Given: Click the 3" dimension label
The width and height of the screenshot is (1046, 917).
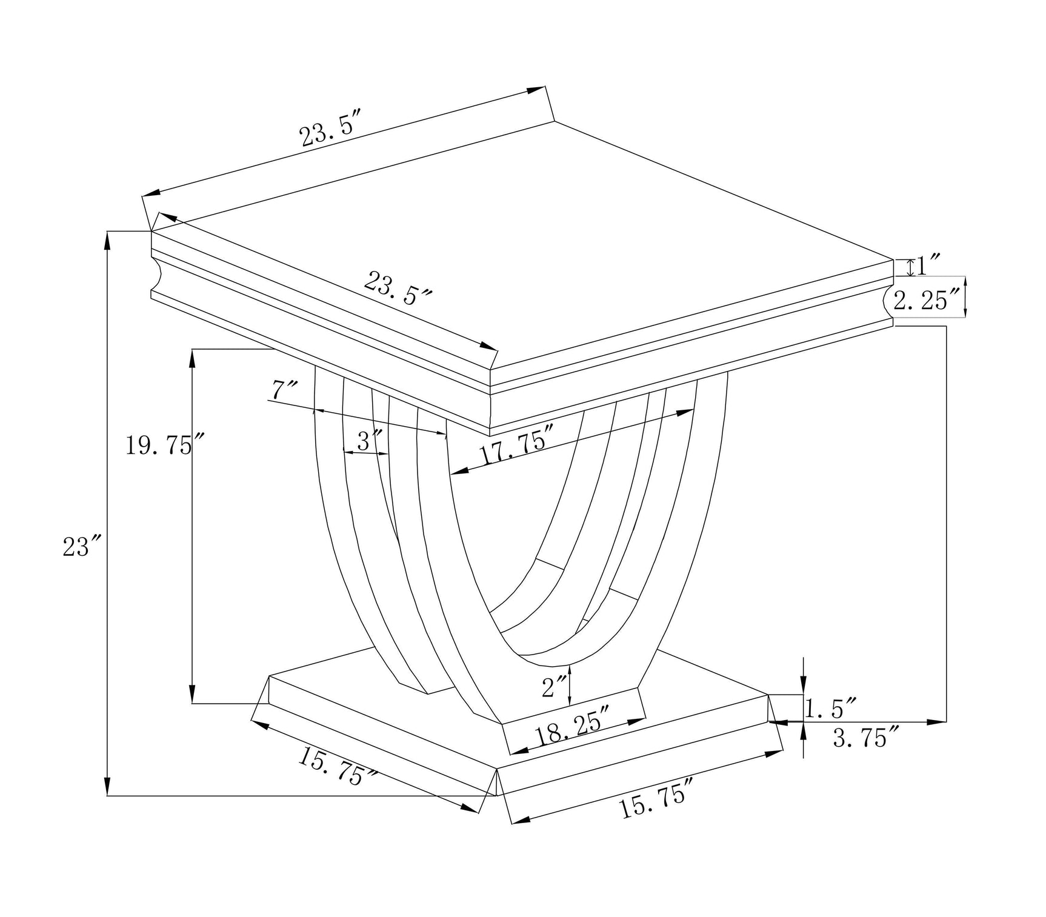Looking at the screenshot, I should click(369, 441).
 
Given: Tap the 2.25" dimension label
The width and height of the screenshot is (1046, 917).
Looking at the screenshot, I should click(928, 300).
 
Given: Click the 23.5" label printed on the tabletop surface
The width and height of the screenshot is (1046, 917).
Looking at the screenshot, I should click(398, 288).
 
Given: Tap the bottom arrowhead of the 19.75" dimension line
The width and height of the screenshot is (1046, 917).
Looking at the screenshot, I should click(192, 695).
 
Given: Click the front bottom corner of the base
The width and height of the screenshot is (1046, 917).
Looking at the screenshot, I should click(497, 795).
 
